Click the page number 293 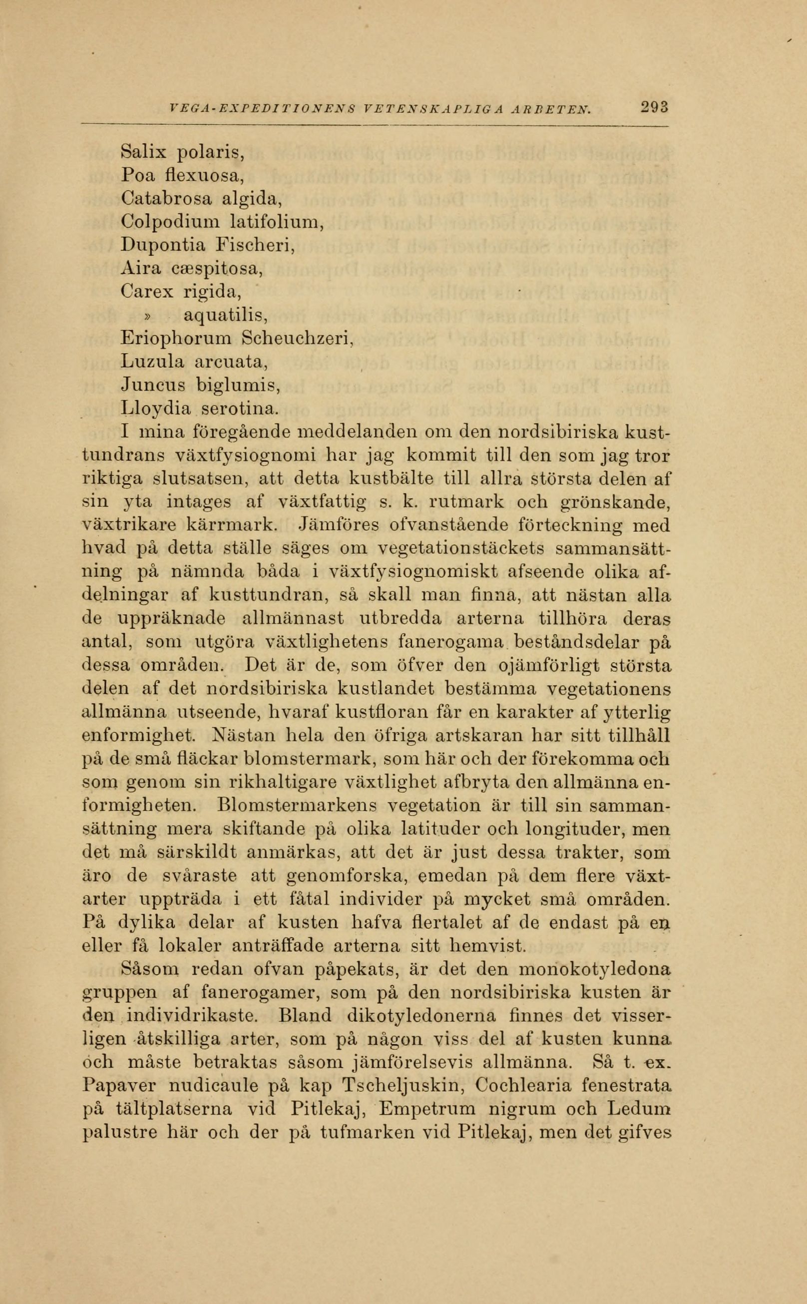point(654,108)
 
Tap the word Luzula point(153,362)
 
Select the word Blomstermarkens point(298,806)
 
